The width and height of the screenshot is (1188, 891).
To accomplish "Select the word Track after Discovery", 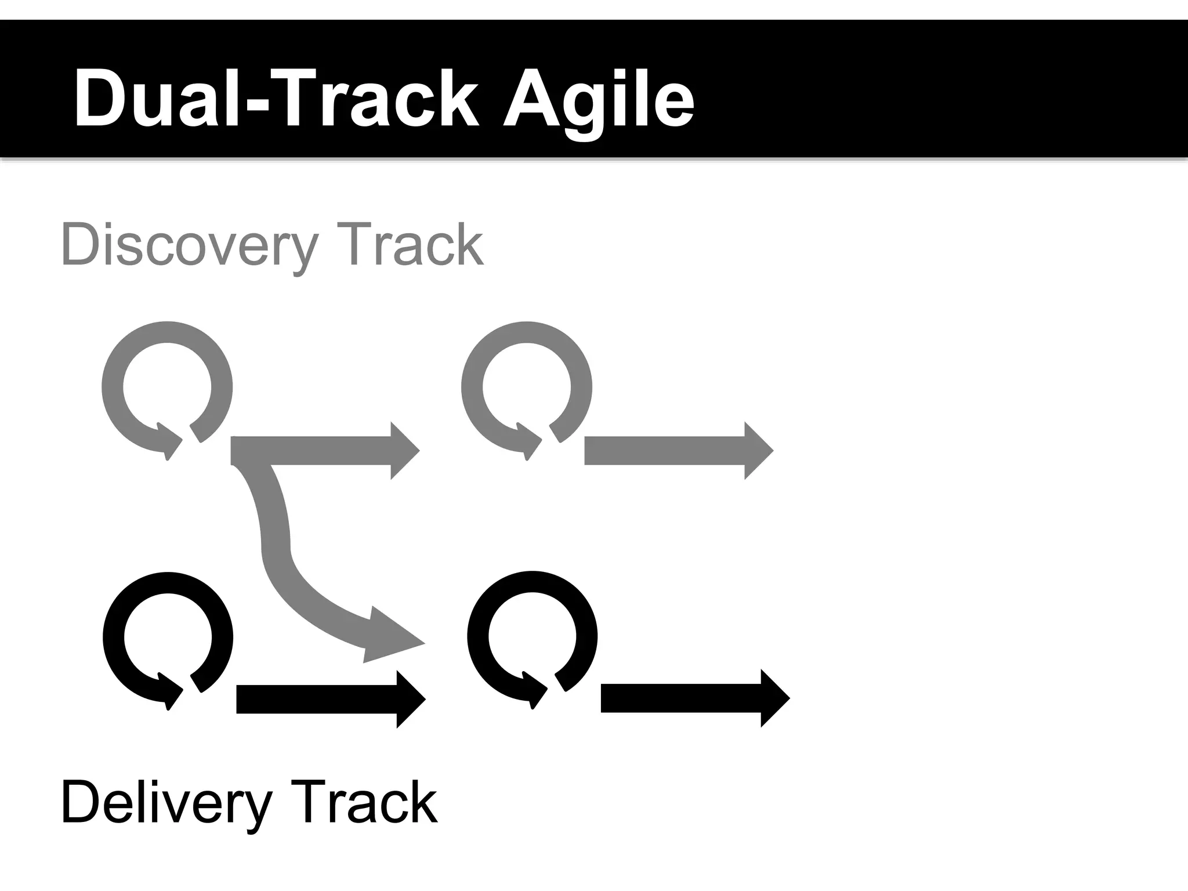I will pyautogui.click(x=410, y=245).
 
